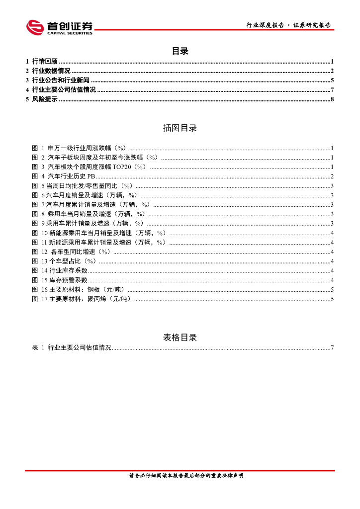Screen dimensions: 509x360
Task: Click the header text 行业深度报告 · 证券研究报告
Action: pos(288,25)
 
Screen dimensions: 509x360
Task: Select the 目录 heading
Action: pos(180,51)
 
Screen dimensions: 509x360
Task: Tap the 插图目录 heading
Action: pos(180,128)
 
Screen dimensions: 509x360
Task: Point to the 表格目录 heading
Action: pos(180,338)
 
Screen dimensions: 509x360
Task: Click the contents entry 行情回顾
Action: pos(44,62)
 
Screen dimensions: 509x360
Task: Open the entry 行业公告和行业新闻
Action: pos(60,81)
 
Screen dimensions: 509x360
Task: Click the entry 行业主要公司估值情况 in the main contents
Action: pos(63,90)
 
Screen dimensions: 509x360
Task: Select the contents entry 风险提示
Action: pos(44,99)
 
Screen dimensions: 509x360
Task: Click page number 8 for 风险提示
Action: pos(332,99)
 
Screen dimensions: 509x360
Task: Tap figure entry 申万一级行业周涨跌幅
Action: pos(88,148)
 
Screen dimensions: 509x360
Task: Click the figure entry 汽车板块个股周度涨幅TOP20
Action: pos(97,167)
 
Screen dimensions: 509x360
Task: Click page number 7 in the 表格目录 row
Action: pos(332,347)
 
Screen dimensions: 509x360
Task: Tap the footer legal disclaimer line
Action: pos(180,476)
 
